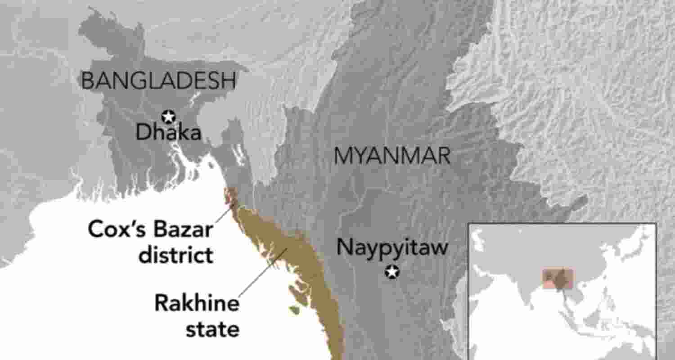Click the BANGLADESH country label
(158, 81)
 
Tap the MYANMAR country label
(391, 156)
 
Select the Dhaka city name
(168, 133)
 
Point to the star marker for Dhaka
(169, 117)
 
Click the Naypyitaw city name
(392, 247)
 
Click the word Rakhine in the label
(197, 303)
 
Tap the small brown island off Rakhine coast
(294, 310)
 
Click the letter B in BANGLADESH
(86, 81)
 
